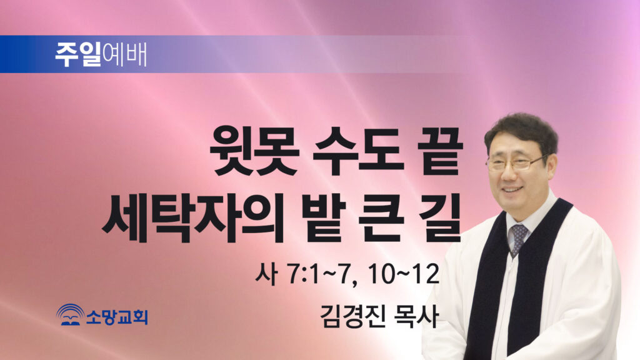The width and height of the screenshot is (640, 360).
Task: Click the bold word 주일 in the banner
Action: pos(78,54)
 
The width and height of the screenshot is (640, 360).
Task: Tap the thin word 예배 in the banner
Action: pos(124,54)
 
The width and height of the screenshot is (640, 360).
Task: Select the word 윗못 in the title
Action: pos(254,151)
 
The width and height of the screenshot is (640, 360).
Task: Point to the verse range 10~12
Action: pos(403,274)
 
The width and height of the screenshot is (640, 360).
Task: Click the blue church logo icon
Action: pos(71,315)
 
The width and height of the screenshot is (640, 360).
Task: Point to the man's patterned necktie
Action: pos(518,239)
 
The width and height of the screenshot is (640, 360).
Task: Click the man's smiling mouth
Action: pos(512,190)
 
